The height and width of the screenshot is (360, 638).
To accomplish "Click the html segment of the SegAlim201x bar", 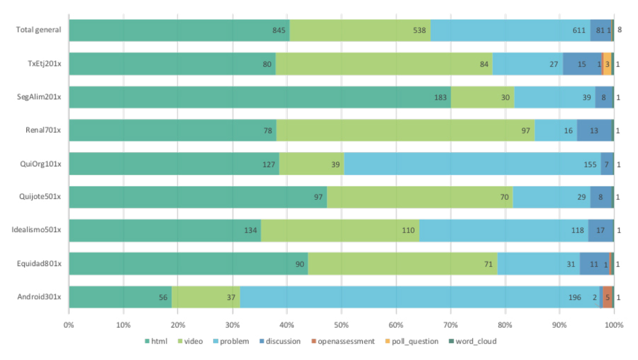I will coord(260,97).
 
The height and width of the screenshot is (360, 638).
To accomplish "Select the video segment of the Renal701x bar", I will coord(405,130).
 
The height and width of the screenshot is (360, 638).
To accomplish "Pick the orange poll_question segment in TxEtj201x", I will coord(607,64).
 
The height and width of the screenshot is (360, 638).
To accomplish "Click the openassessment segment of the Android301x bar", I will coord(608,297).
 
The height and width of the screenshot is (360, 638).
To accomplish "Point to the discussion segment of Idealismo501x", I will coord(601,230).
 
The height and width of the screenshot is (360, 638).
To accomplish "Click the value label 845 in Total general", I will coord(279,30).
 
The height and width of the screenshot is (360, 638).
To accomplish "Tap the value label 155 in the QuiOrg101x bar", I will coord(590,164).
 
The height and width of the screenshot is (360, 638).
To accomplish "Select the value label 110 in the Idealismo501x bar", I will coord(408,230).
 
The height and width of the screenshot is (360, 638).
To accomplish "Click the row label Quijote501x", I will coord(40,196).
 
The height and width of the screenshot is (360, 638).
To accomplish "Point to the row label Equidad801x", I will coord(39,263).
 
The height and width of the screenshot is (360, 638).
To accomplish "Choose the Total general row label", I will coord(38,30).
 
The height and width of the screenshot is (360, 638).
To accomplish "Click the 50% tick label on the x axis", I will coord(341,325).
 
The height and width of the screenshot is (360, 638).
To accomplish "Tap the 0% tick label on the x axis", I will coord(69,325).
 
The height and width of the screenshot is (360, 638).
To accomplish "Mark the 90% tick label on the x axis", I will coord(559,325).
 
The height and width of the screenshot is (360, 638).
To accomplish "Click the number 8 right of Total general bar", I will coord(620,30).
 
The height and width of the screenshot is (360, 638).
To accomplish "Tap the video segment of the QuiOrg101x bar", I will coord(311,164).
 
